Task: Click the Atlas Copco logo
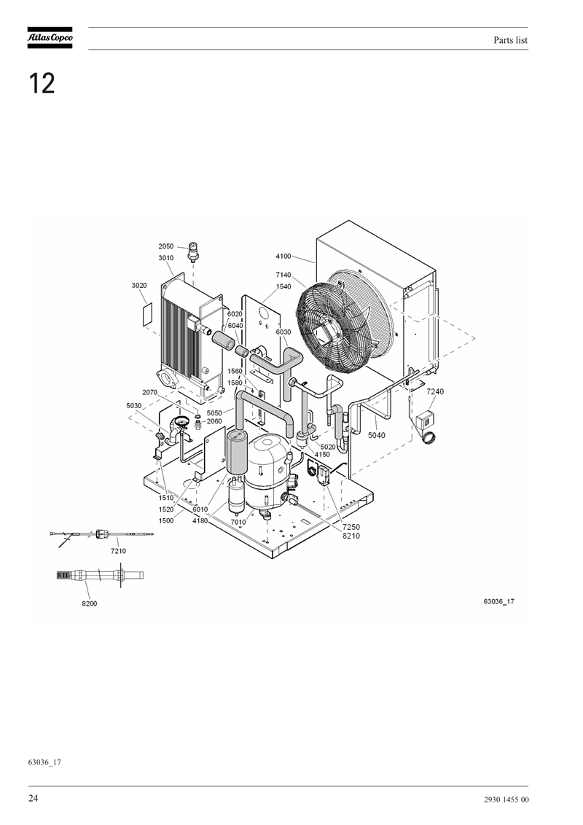50,38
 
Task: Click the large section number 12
42,84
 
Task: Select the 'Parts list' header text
510,40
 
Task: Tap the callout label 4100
283,257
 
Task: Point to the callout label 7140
283,275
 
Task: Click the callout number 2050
165,246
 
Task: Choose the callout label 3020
139,286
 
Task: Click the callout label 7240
435,391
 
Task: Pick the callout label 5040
376,435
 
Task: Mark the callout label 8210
351,536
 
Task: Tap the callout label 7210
118,551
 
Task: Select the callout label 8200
89,603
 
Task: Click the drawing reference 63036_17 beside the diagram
498,601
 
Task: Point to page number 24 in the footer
33,798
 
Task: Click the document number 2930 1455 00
506,799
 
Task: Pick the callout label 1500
165,521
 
